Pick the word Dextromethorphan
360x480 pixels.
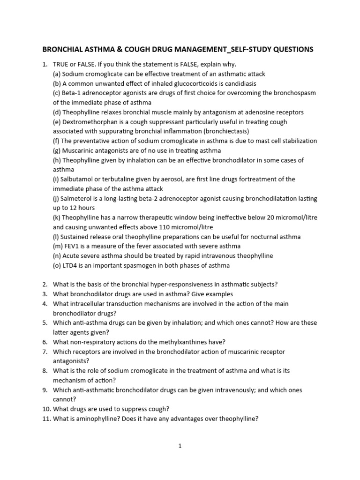tap(91, 122)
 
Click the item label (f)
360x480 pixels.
tap(57, 141)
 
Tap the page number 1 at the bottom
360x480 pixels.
tap(180, 446)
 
